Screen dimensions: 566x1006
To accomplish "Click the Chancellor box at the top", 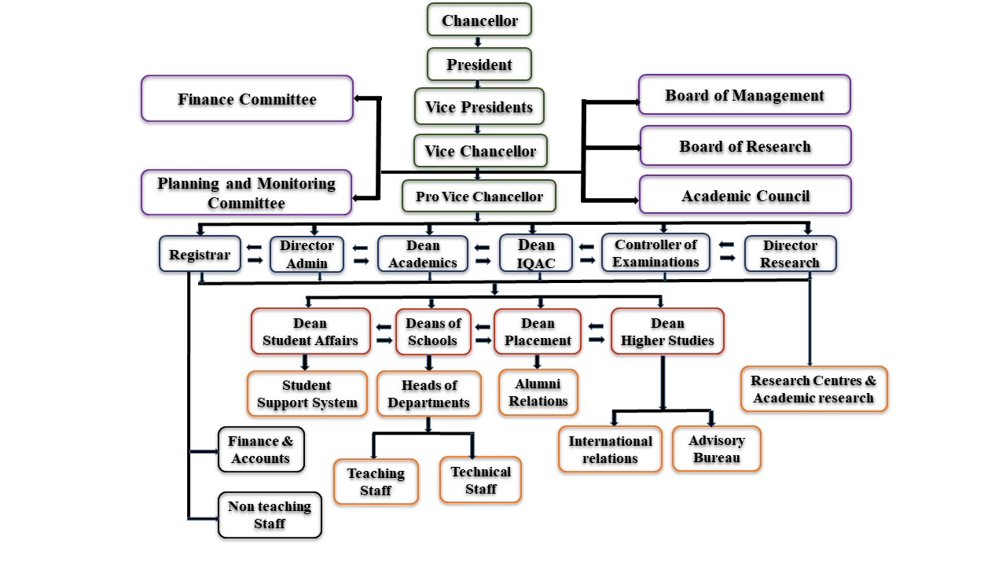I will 479,20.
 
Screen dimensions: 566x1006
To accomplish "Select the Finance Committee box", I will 247,99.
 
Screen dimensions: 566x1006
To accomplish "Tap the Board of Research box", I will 745,146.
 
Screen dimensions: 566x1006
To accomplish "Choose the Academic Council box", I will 745,196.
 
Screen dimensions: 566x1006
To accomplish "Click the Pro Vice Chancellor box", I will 479,197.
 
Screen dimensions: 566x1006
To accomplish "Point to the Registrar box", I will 200,255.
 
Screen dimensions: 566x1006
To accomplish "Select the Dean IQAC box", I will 535,254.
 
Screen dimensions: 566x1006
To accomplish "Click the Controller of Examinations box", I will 655,253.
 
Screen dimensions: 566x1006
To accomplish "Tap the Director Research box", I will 790,254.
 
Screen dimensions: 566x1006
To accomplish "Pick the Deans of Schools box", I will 432,332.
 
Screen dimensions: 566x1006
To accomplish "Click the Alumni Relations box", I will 538,392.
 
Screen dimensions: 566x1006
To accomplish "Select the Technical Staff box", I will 480,480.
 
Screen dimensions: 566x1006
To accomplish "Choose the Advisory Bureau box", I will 717,449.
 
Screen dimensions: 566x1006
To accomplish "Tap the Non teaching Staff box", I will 270,515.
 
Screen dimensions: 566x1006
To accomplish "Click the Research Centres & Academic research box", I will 813,388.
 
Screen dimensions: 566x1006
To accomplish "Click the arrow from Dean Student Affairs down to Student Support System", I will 306,362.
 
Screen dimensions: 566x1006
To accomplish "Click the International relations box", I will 610,449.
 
